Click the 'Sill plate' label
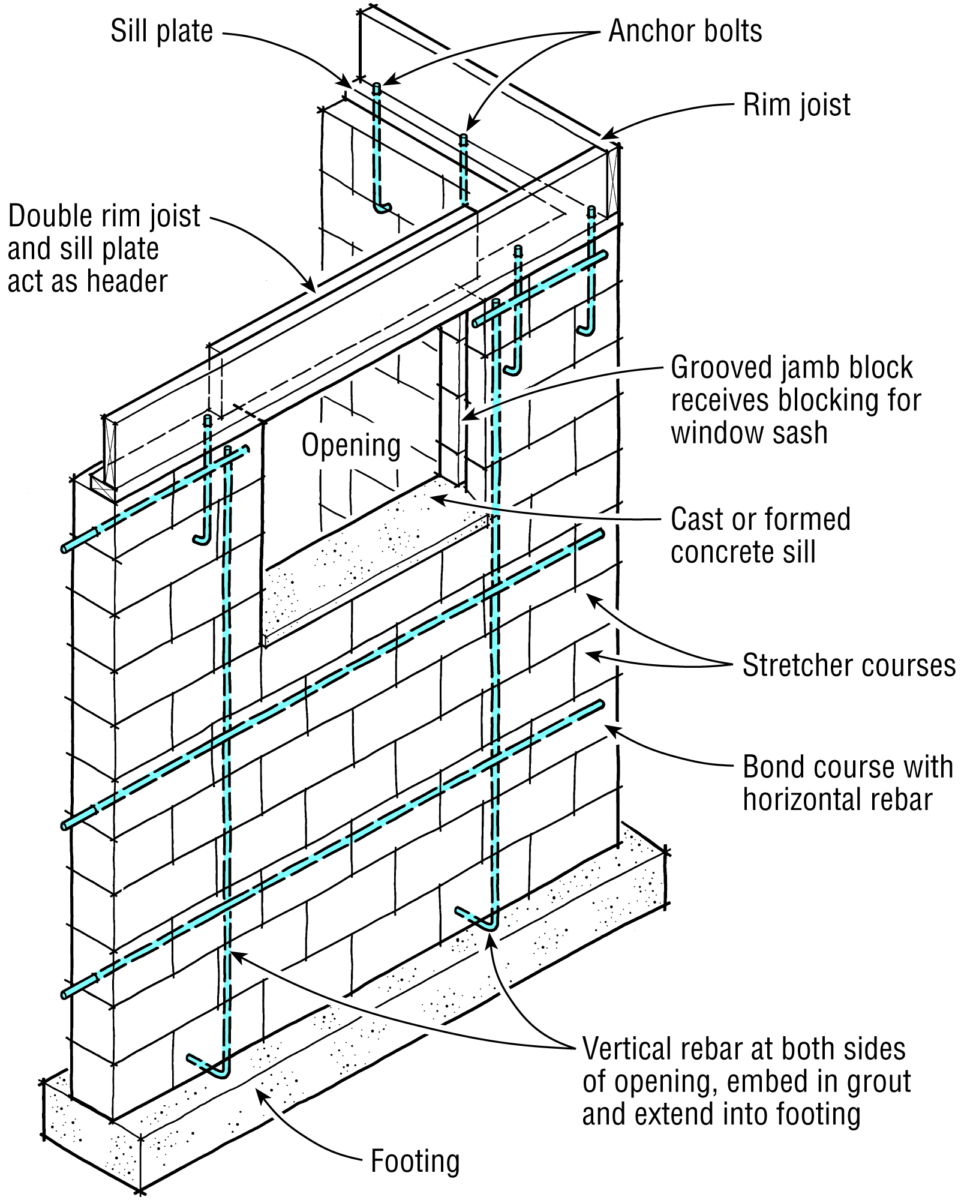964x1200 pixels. [x=161, y=31]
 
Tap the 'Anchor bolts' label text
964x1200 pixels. [x=684, y=31]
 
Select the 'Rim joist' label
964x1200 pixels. [x=796, y=105]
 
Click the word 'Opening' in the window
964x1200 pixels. [x=351, y=445]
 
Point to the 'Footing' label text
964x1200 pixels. [x=415, y=1161]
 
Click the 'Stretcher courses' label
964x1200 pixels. [x=848, y=665]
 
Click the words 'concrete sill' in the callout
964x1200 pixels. [x=743, y=552]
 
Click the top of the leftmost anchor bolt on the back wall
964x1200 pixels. [x=377, y=88]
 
